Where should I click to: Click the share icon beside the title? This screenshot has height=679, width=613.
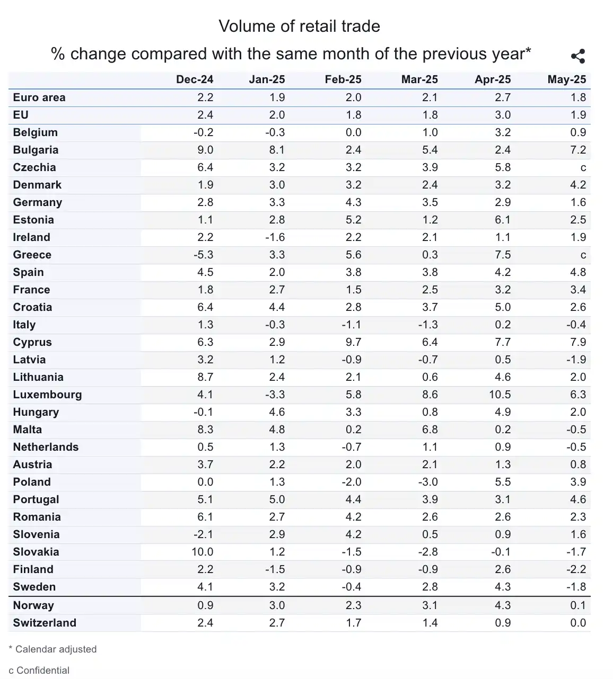click(x=577, y=56)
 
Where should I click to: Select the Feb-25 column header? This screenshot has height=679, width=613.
click(x=343, y=79)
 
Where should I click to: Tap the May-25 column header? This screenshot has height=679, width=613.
click(x=566, y=79)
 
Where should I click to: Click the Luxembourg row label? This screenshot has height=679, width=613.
click(x=47, y=395)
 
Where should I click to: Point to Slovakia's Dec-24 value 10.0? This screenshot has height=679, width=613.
click(x=202, y=552)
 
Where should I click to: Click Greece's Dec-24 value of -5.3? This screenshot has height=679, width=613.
click(x=203, y=255)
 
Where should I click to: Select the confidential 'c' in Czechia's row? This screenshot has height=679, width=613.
click(x=583, y=168)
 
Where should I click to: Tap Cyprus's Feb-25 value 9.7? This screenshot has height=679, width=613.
click(x=353, y=342)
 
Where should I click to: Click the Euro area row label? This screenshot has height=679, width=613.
click(x=39, y=97)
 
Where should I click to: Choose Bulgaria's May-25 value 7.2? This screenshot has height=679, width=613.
click(x=578, y=150)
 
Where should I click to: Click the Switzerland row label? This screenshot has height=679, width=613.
click(x=45, y=623)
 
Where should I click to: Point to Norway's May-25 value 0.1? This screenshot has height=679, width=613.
click(x=578, y=605)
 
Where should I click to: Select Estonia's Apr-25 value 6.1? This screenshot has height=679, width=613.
click(x=503, y=220)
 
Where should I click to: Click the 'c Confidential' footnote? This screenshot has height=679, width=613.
click(x=39, y=670)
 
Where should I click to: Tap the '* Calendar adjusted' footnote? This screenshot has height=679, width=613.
click(x=53, y=649)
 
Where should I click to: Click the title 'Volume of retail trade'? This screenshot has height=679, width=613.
click(x=299, y=26)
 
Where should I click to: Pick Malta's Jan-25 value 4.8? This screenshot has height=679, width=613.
click(x=277, y=430)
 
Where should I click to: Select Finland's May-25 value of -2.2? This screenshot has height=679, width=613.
click(x=576, y=569)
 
